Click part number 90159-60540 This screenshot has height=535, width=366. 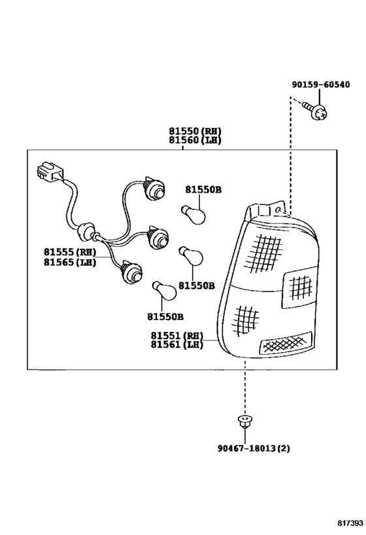(x=321, y=84)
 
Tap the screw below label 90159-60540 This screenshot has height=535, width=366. (x=316, y=110)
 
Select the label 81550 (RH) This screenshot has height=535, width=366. (x=195, y=131)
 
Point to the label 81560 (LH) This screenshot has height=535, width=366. (x=195, y=140)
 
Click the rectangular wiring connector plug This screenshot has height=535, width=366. (x=49, y=170)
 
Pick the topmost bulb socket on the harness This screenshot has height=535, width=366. (x=155, y=189)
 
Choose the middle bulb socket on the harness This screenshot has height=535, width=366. (x=158, y=236)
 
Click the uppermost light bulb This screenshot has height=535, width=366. (x=193, y=214)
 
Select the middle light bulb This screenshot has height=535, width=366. (x=191, y=256)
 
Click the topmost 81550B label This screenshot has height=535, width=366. (x=203, y=189)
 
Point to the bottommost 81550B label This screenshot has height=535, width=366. (x=165, y=317)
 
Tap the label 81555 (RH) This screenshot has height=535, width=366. (x=70, y=252)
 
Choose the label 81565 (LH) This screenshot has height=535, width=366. (x=70, y=262)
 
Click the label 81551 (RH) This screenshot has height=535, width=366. (x=177, y=335)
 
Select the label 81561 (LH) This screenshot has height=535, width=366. (x=177, y=345)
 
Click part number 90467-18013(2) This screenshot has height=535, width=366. (x=254, y=447)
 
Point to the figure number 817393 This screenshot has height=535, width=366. (x=350, y=523)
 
